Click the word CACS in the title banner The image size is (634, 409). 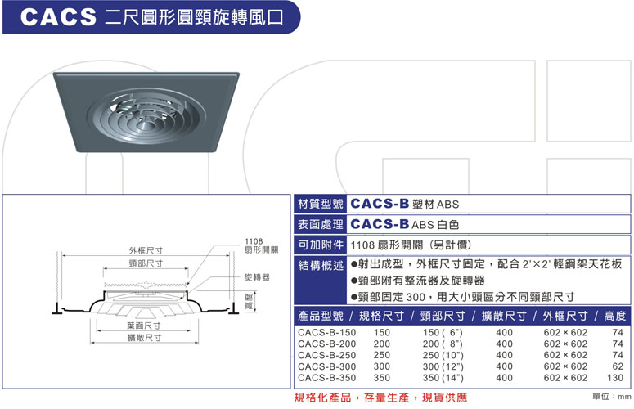[x=58, y=17]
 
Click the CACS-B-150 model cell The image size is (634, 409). [x=326, y=333]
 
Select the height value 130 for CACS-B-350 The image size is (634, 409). [x=615, y=378]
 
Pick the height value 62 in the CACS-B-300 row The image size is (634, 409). [x=618, y=366]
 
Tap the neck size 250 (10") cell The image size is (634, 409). [x=443, y=355]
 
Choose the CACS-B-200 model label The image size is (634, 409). [x=326, y=344]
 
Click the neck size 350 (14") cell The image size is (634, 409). [x=443, y=378]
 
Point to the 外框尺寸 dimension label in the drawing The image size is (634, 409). [x=146, y=250]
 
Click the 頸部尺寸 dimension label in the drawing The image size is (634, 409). [x=146, y=263]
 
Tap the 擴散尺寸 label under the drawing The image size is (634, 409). [x=144, y=338]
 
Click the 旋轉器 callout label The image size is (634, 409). [x=257, y=277]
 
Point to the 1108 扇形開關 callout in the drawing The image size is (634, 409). [x=261, y=245]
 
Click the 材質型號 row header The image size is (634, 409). [x=320, y=204]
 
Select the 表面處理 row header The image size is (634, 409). [x=320, y=224]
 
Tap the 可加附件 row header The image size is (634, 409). [x=320, y=245]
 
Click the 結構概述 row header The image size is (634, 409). [x=320, y=265]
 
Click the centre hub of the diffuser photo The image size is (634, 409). [x=144, y=124]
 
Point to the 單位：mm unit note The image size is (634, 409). [x=611, y=397]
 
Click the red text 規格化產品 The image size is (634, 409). [x=322, y=398]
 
